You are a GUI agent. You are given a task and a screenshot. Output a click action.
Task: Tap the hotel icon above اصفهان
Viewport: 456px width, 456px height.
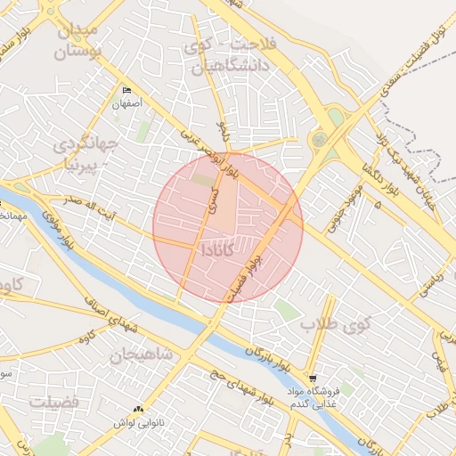point(126,92)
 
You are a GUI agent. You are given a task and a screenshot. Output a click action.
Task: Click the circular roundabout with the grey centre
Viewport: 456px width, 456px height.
point(318,140)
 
